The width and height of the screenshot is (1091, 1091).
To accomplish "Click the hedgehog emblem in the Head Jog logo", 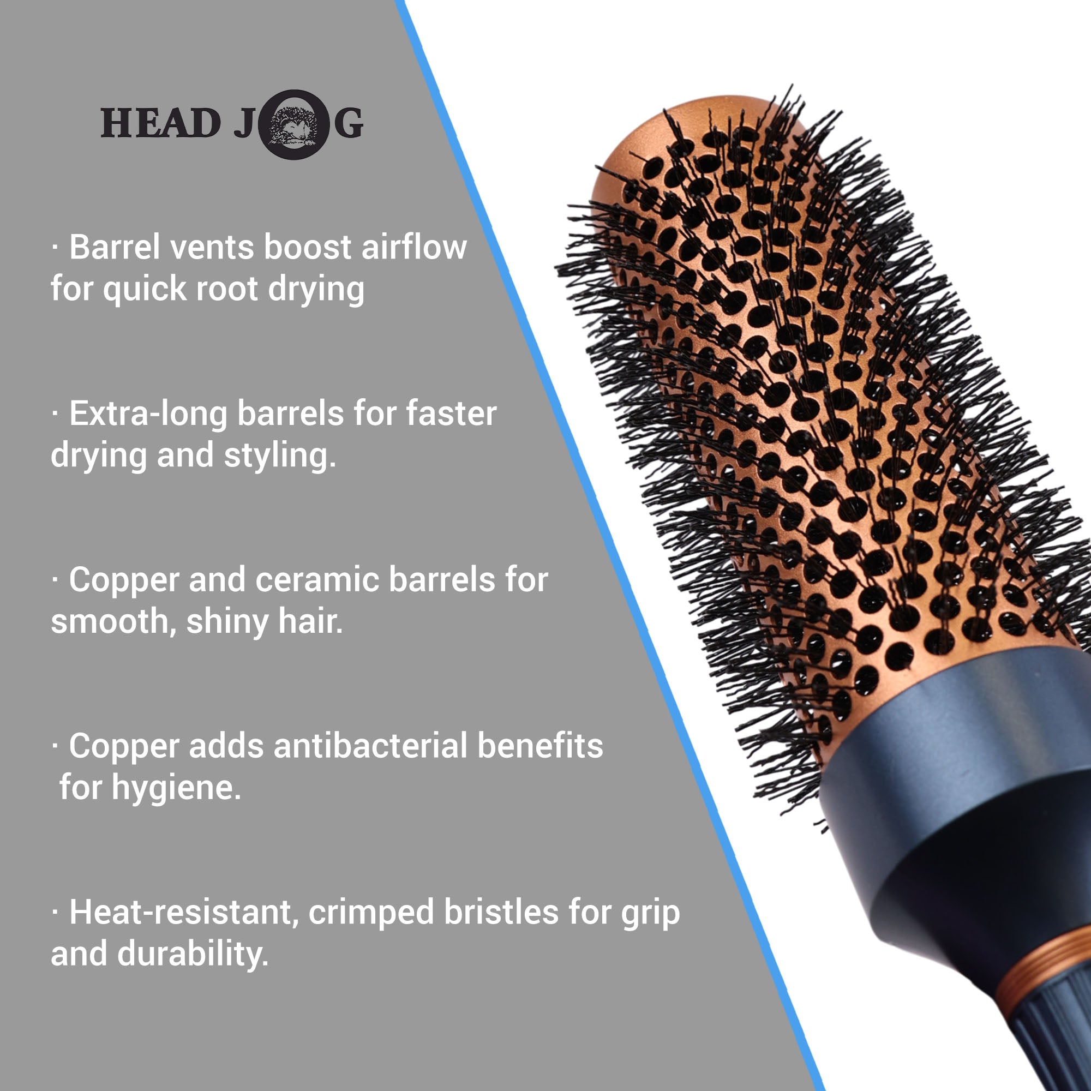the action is pyautogui.click(x=293, y=124).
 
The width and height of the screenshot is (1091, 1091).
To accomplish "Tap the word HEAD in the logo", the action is pyautogui.click(x=160, y=123).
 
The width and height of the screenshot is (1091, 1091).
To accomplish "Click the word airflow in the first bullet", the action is pyautogui.click(x=414, y=247).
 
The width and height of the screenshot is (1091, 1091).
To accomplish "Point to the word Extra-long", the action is pyautogui.click(x=148, y=413).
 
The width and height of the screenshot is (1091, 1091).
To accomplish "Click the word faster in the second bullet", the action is pyautogui.click(x=452, y=413).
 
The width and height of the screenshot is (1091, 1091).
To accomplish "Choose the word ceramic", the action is pyautogui.click(x=317, y=580).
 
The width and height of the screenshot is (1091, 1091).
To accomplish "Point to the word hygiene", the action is pyautogui.click(x=176, y=788).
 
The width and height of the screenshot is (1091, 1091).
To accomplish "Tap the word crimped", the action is pyautogui.click(x=371, y=914).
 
